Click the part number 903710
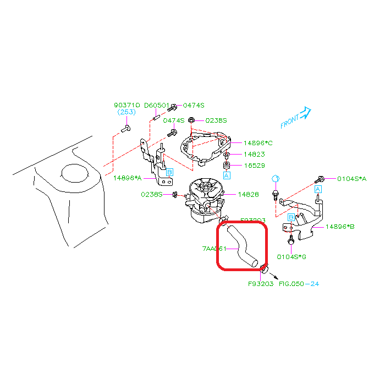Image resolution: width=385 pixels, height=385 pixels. [x=127, y=105]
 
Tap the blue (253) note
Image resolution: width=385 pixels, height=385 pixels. [x=127, y=112]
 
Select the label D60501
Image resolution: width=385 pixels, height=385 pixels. [x=157, y=105]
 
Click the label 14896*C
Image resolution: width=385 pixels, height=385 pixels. [x=258, y=142]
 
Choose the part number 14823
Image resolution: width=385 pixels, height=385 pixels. [x=254, y=155]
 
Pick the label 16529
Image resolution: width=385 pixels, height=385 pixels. [x=254, y=165]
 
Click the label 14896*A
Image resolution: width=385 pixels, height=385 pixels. [x=128, y=178]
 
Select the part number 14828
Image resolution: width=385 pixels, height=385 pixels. [x=249, y=194]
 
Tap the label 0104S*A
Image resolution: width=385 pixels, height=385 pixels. [x=351, y=179]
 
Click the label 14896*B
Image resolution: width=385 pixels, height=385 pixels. [x=339, y=226]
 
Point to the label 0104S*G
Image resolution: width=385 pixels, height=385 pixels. [x=291, y=256]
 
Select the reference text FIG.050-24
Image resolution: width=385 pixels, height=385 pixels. [x=299, y=284]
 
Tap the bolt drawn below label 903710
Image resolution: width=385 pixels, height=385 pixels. [x=125, y=128]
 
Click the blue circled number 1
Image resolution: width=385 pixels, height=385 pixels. [x=276, y=178]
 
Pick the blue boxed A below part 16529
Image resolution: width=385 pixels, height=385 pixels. [x=226, y=175]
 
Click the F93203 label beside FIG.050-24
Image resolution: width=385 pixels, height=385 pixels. [x=260, y=284]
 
